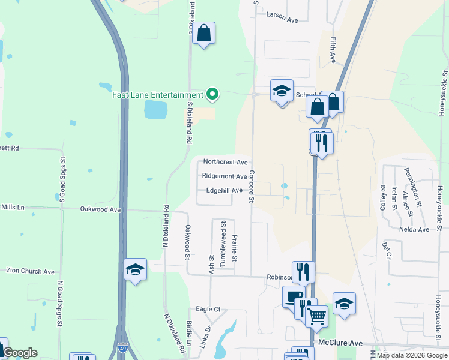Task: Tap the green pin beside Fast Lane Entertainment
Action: coord(211,94)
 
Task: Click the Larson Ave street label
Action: coord(282,20)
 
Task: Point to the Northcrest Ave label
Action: coord(225,162)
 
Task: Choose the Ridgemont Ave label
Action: coord(224,176)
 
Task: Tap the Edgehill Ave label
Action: coord(224,190)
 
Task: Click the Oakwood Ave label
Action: coord(101,209)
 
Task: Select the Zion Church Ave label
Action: coord(30,271)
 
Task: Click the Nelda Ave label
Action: coord(414,229)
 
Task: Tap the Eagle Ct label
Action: coord(208,309)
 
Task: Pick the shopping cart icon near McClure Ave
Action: coord(316,316)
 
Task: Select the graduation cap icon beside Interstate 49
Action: coord(136,270)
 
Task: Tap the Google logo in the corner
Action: coord(20,353)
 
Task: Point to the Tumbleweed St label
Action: coord(223,236)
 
